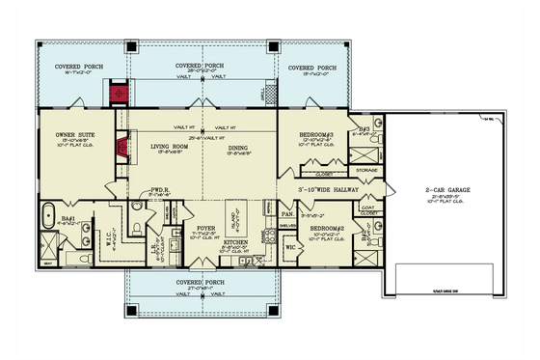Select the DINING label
point(238,146)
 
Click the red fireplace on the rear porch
point(121,94)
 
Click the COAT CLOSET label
point(365,207)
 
